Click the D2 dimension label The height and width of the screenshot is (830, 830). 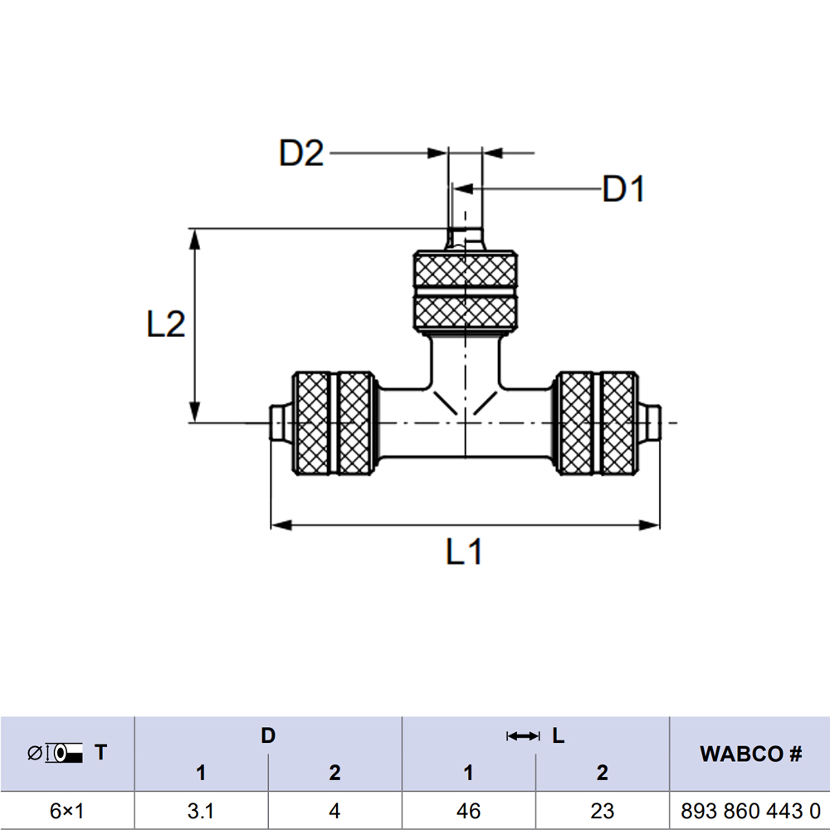pyautogui.click(x=301, y=154)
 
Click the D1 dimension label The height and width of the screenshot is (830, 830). pyautogui.click(x=623, y=190)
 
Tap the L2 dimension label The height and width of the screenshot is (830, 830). pyautogui.click(x=166, y=325)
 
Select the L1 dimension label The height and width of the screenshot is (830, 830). pyautogui.click(x=464, y=552)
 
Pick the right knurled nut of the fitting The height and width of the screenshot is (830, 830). pyautogui.click(x=598, y=423)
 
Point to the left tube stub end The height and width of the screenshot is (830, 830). pyautogui.click(x=279, y=423)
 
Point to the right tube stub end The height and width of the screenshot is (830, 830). pyautogui.click(x=653, y=423)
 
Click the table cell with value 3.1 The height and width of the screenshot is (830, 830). pyautogui.click(x=201, y=811)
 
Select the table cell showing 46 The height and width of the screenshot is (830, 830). pyautogui.click(x=468, y=811)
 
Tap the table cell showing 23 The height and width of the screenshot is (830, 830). pyautogui.click(x=602, y=811)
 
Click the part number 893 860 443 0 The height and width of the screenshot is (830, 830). pyautogui.click(x=749, y=811)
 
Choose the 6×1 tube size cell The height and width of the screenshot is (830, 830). pyautogui.click(x=67, y=811)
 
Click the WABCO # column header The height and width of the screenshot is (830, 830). pyautogui.click(x=749, y=754)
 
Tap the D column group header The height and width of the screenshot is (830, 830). pyautogui.click(x=267, y=735)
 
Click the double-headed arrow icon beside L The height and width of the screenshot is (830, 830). pyautogui.click(x=523, y=736)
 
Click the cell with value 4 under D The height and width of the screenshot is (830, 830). pyautogui.click(x=334, y=811)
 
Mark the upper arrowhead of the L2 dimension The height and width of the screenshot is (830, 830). pyautogui.click(x=195, y=238)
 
